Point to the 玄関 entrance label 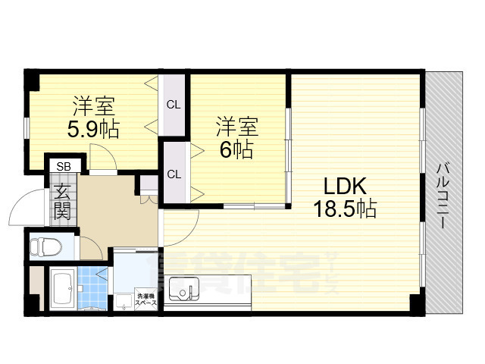[x=62, y=202]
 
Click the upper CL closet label [x=174, y=104]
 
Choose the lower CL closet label [x=174, y=174]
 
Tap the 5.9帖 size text [x=92, y=130]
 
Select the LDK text [x=346, y=186]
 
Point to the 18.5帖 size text [x=346, y=209]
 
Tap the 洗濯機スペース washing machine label [x=145, y=299]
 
